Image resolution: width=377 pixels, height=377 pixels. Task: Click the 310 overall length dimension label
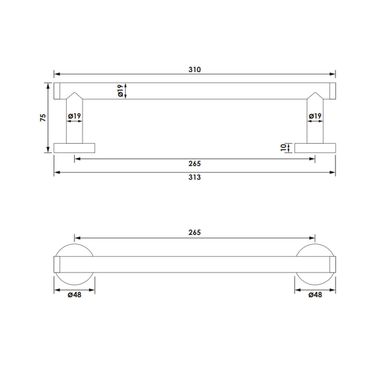point(194,70)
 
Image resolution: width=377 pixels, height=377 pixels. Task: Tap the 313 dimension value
point(194,177)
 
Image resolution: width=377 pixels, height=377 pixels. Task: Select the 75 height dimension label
point(43,118)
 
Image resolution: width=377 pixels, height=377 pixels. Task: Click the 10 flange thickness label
point(284,147)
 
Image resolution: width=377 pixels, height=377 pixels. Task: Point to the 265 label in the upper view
point(194,164)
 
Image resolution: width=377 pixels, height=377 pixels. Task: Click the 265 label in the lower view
point(194,232)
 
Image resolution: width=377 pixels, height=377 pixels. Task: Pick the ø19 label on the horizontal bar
point(121,90)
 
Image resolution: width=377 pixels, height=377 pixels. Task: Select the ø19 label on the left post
point(75,116)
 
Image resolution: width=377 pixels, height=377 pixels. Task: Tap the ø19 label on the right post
point(315,116)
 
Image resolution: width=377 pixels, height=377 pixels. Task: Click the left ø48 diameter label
point(75,294)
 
